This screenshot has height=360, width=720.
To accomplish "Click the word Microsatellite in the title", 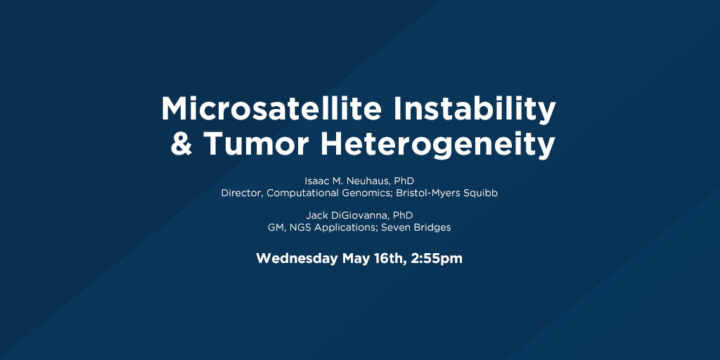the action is coord(271,109).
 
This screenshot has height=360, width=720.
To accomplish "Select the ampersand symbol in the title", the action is coord(181,143).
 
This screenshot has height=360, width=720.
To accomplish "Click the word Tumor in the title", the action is coord(256,143).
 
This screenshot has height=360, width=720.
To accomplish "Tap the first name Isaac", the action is coord(314,181).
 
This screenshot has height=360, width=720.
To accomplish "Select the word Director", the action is coord(242,193).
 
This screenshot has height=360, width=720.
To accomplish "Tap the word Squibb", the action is coord(482,193).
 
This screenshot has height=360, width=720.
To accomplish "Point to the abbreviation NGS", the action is coord(300,227).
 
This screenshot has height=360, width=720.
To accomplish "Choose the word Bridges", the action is coord(432,228).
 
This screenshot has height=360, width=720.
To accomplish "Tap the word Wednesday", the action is coord(297,259).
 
